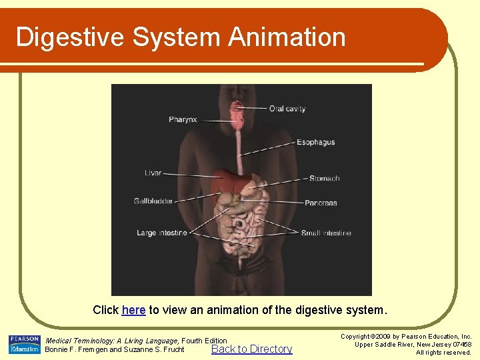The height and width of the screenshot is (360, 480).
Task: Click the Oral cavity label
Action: click(x=287, y=109)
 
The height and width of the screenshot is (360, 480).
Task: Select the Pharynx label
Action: click(x=183, y=120)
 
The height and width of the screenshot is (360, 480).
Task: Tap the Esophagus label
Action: click(x=315, y=143)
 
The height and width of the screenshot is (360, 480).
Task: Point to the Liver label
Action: click(x=153, y=173)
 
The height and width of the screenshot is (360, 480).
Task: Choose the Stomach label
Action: click(x=324, y=179)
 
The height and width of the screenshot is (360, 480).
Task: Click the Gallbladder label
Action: click(x=153, y=201)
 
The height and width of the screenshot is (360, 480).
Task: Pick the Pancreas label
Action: click(x=321, y=203)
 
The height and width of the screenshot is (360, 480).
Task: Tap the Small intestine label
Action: click(x=325, y=233)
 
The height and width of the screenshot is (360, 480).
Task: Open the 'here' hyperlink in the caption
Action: click(x=133, y=310)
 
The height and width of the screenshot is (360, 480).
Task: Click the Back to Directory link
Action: click(x=251, y=349)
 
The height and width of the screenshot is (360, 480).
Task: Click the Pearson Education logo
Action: click(x=24, y=345)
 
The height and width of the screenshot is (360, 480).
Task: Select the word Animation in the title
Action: click(x=287, y=37)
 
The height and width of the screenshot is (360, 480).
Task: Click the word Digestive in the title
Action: click(x=70, y=37)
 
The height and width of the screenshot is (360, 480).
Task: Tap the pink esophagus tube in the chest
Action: click(x=238, y=150)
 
